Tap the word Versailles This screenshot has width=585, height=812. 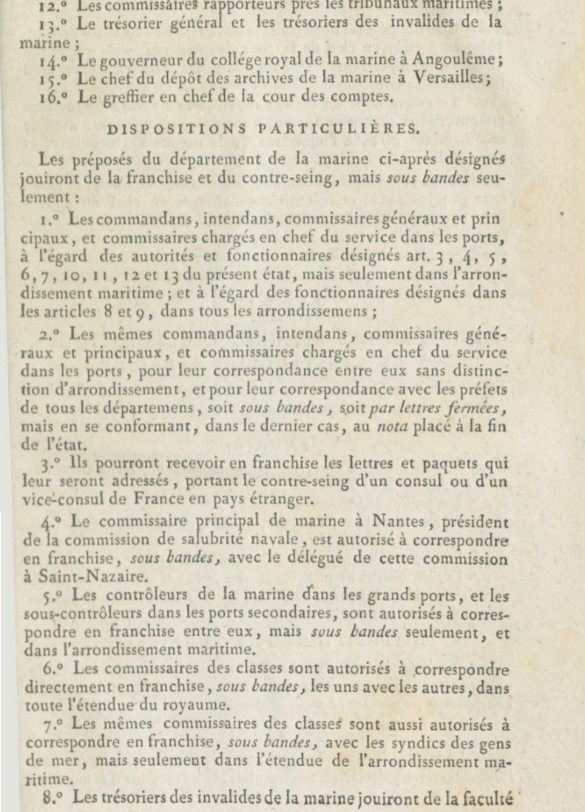[x=455, y=78]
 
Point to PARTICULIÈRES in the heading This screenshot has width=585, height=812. [x=338, y=127]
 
